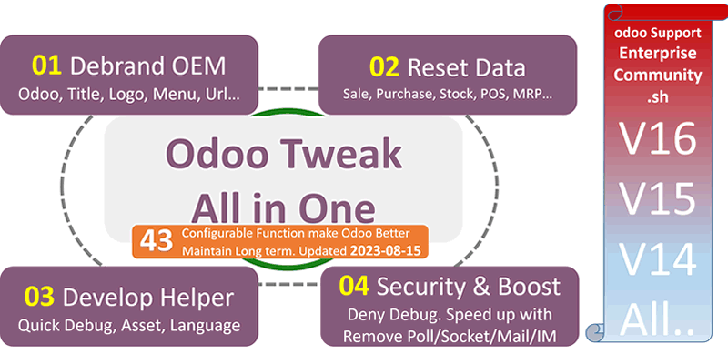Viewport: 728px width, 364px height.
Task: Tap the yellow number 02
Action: (383, 67)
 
